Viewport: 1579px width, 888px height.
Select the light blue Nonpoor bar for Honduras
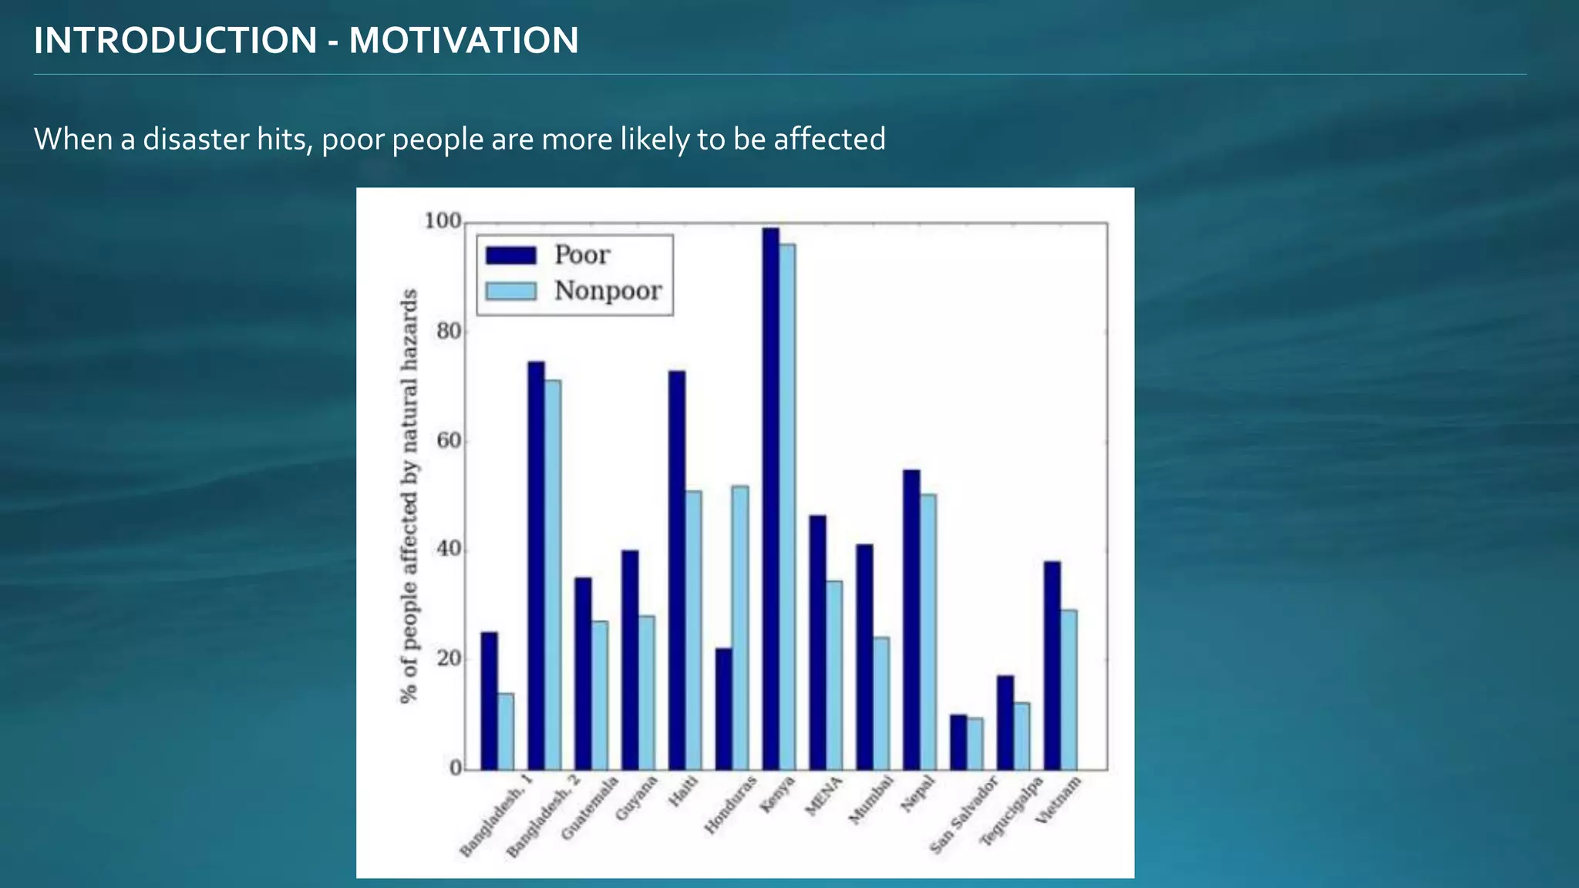click(x=740, y=627)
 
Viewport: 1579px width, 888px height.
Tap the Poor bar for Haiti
click(x=676, y=570)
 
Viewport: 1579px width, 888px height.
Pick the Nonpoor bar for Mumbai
click(x=880, y=703)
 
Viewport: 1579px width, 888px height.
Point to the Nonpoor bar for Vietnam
click(x=1069, y=690)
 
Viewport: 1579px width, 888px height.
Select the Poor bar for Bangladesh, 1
click(x=489, y=701)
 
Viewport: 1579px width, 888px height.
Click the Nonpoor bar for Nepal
click(x=928, y=632)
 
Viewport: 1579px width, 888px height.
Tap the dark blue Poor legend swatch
click(x=510, y=255)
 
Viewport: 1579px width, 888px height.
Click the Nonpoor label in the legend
click(x=608, y=291)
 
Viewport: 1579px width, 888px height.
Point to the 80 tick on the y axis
click(x=449, y=331)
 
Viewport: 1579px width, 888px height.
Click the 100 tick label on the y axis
click(x=443, y=222)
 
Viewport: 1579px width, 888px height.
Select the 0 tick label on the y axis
click(x=455, y=769)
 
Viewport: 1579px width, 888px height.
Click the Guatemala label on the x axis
click(x=591, y=808)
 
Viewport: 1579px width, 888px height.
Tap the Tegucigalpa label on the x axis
click(x=1012, y=811)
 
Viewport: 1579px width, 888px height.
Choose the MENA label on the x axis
click(x=824, y=796)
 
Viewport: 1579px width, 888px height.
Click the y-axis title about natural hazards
click(x=409, y=496)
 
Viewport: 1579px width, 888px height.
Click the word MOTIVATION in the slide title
click(x=463, y=41)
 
